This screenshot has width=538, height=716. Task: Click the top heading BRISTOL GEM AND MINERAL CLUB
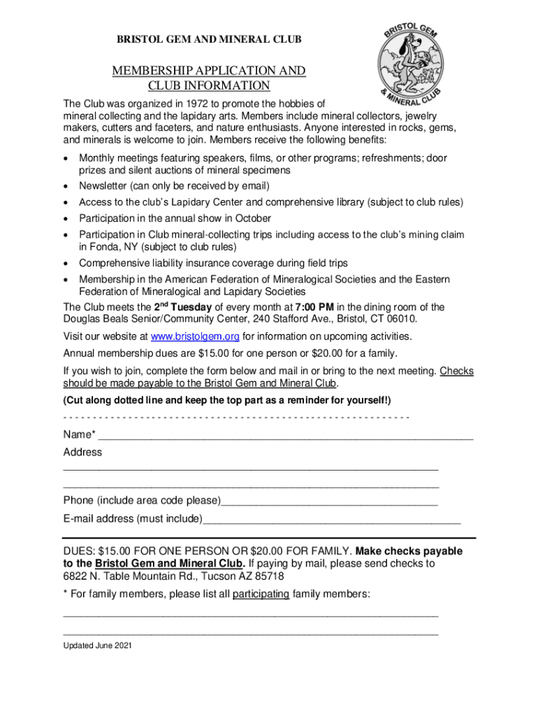click(x=209, y=40)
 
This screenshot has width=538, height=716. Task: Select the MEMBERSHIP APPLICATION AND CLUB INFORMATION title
click(x=209, y=78)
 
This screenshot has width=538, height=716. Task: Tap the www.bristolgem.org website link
click(x=191, y=336)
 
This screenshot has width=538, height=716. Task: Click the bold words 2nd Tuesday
click(x=183, y=307)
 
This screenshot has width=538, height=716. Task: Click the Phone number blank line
click(x=329, y=501)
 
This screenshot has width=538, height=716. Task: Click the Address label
click(x=82, y=452)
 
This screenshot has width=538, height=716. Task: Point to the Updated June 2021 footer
click(x=97, y=645)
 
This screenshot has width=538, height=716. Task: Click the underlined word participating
click(x=261, y=594)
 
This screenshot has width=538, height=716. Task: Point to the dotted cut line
click(x=236, y=418)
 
